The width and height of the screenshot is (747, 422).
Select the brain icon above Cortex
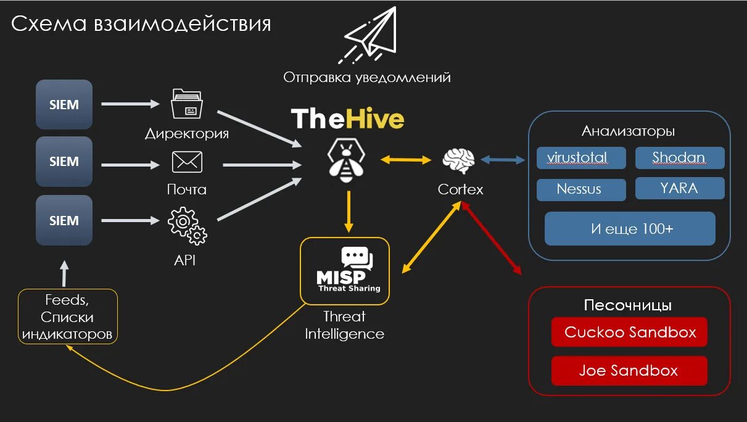[x=459, y=160]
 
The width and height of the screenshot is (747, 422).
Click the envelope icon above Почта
[x=187, y=162]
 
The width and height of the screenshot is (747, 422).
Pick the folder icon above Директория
[x=187, y=104]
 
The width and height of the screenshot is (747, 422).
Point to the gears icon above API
[x=187, y=226]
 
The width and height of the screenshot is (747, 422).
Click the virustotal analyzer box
[x=581, y=158]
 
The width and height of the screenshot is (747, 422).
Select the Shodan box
[x=679, y=158]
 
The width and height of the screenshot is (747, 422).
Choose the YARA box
[x=679, y=188]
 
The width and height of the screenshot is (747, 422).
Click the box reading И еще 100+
[x=630, y=229]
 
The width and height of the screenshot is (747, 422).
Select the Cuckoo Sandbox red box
[x=629, y=333]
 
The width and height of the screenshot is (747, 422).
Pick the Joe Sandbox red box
[x=629, y=371]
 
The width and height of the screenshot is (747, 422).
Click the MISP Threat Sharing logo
[x=345, y=271]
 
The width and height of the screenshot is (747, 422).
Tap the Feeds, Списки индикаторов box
[x=68, y=317]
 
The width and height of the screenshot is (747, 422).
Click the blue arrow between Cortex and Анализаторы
[x=502, y=160]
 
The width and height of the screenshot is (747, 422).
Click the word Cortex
[x=460, y=189]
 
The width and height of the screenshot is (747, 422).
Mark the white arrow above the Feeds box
[x=65, y=273]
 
